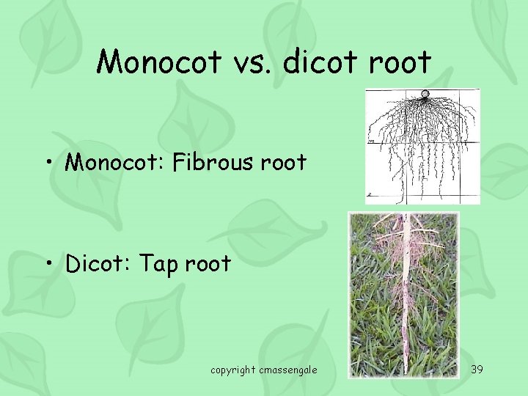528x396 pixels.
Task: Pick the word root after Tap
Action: [208, 263]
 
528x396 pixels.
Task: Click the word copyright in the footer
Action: [233, 370]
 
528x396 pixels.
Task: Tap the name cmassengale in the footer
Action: [287, 370]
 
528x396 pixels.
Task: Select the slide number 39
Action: [477, 369]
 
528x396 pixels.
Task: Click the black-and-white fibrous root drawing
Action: [423, 147]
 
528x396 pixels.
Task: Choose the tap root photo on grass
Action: [403, 293]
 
